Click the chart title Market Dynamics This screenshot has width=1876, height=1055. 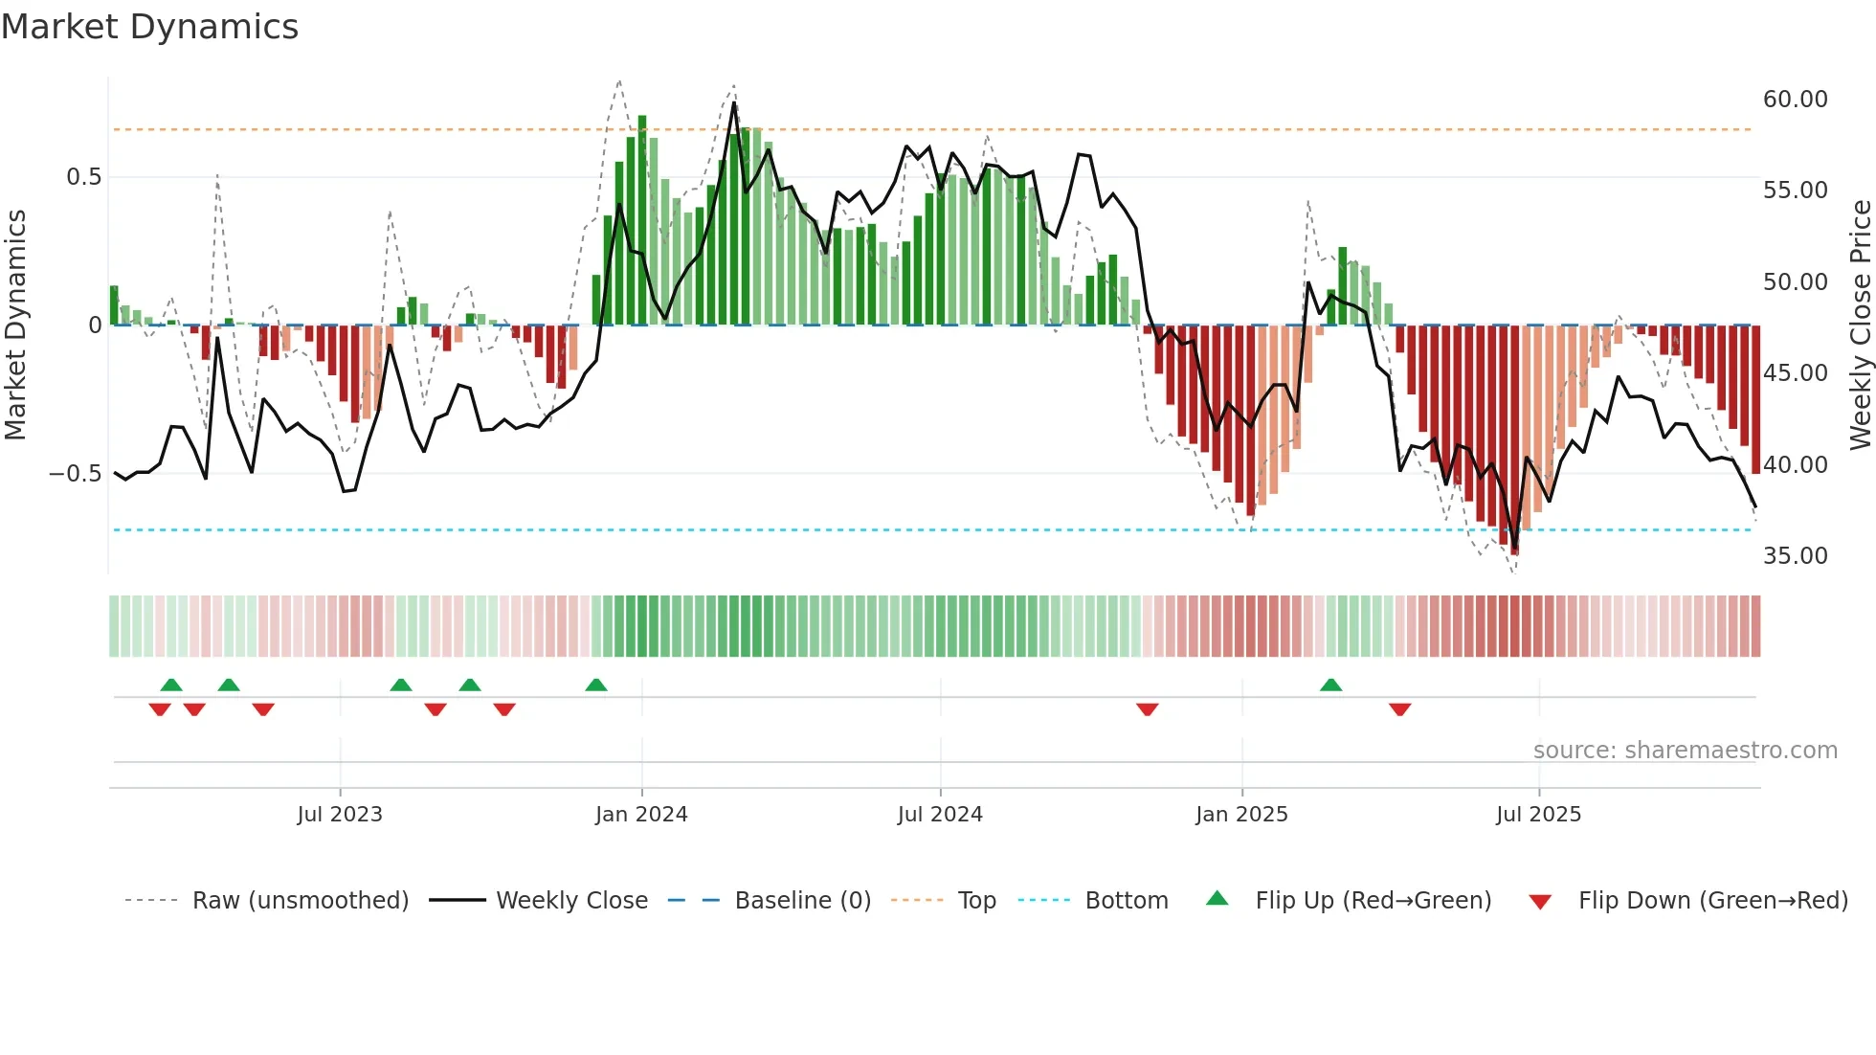click(150, 27)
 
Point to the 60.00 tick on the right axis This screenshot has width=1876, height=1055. click(1795, 100)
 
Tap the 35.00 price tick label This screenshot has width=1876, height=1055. click(1795, 556)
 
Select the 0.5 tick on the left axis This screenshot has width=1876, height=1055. click(83, 177)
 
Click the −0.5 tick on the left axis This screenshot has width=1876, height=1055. click(76, 474)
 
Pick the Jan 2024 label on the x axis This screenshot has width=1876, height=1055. click(641, 815)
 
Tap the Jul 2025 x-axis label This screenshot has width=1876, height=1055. click(1538, 815)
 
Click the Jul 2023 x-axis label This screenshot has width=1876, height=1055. click(340, 815)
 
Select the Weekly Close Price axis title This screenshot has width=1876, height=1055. click(1860, 325)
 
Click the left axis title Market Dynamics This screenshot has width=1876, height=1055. click(15, 325)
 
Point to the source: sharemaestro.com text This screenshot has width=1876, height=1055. click(1685, 751)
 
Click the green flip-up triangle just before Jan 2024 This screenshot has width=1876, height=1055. click(596, 685)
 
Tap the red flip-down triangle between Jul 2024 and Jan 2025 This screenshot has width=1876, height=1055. click(1148, 709)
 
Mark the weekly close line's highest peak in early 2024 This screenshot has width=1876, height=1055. click(734, 103)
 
